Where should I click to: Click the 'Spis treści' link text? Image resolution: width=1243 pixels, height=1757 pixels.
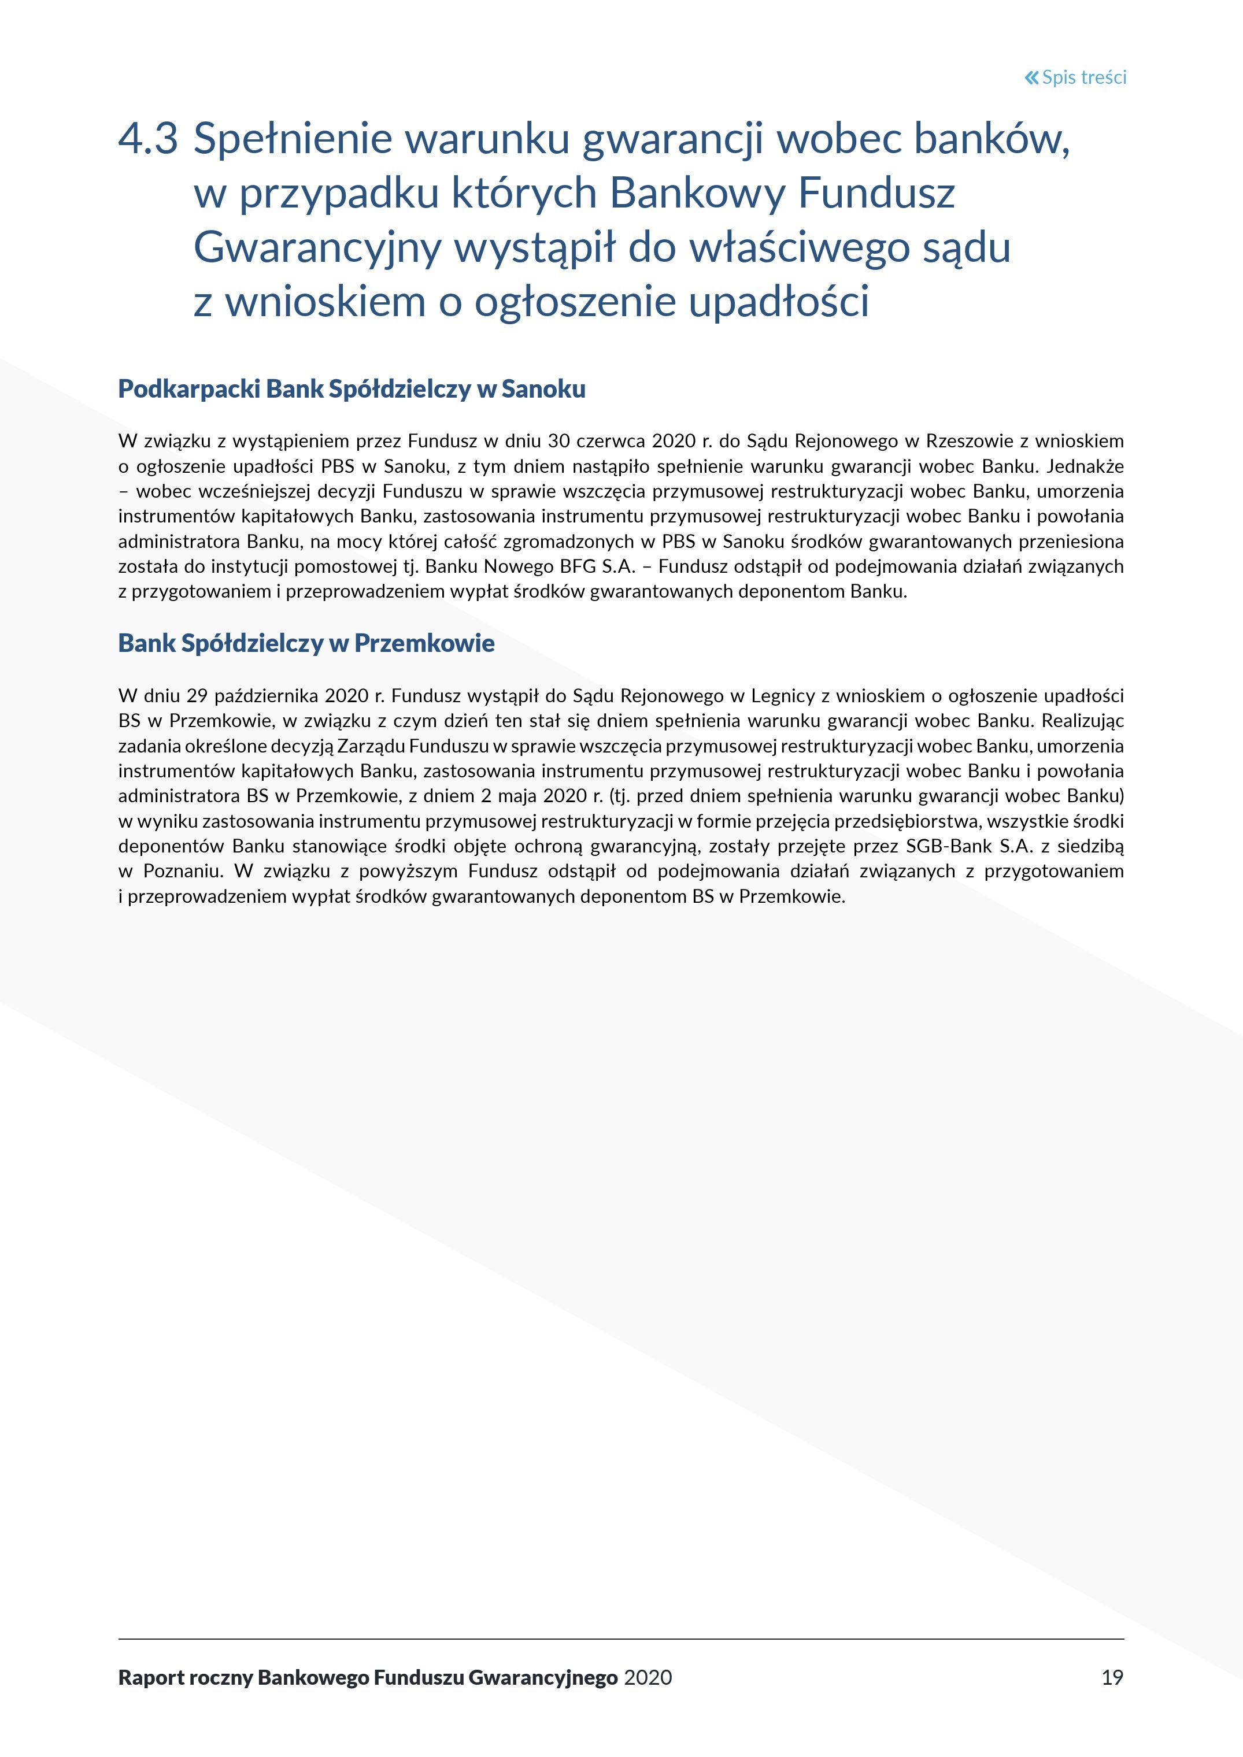pos(1084,77)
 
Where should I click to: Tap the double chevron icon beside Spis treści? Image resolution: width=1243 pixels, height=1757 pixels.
pos(1032,77)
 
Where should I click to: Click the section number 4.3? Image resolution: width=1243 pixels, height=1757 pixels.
pos(149,139)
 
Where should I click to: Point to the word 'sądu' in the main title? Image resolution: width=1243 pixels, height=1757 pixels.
pos(966,248)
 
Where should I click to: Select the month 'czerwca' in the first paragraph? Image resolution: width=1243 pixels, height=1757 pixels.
pos(611,441)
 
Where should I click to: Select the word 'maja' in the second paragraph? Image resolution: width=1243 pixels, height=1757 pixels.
pos(517,796)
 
